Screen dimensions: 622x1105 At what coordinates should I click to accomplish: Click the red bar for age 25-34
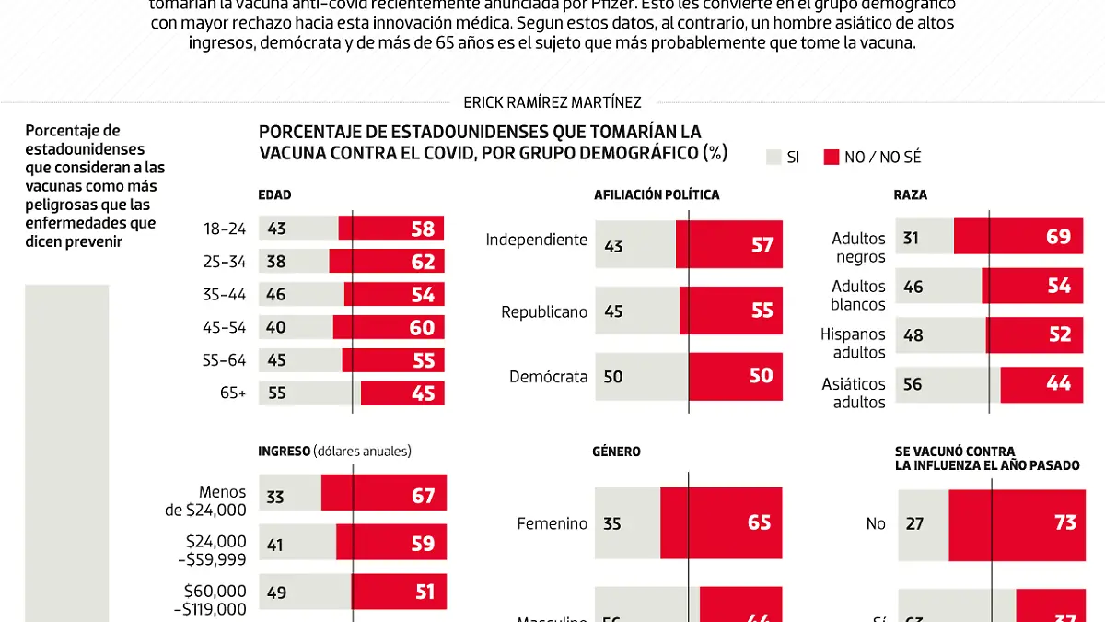[387, 261]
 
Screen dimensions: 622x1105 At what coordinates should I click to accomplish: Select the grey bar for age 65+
[309, 393]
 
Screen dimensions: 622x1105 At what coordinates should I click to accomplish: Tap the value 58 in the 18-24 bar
[424, 228]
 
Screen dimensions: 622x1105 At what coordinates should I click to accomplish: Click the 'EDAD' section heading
[274, 195]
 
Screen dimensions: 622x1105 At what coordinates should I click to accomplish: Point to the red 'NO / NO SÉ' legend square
[832, 158]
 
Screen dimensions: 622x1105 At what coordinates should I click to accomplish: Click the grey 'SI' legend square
[773, 158]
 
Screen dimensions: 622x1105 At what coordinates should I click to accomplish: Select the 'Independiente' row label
[537, 240]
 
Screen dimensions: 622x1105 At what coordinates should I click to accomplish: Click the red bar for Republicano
[731, 311]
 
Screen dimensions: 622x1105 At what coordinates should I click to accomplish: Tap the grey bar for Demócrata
[642, 377]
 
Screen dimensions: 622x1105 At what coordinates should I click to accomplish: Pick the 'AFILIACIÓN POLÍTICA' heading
[657, 195]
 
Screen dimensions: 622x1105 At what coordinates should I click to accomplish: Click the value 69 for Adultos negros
[1059, 237]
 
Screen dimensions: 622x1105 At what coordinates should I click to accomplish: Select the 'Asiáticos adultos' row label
[854, 393]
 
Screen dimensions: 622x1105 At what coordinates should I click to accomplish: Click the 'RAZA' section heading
[910, 195]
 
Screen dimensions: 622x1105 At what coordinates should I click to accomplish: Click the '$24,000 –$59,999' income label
[215, 550]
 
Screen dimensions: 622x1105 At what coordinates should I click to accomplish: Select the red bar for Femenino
[721, 523]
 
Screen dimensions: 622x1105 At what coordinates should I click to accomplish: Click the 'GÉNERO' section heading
[617, 452]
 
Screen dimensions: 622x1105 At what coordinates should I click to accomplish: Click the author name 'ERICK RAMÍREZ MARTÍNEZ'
[552, 102]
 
